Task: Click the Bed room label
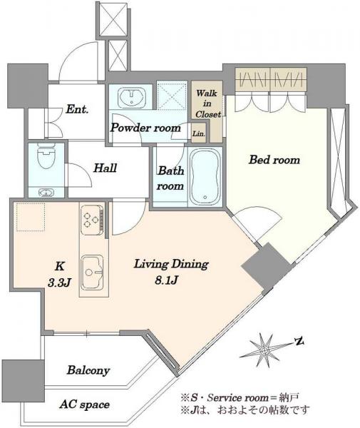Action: coord(274,160)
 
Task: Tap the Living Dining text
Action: coord(171,264)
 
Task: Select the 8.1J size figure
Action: coord(167,280)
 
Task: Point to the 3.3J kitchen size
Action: coord(59,282)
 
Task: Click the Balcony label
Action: coord(88,370)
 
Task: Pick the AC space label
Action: coord(85,404)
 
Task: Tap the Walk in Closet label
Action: coord(207,103)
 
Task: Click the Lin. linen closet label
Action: coord(199,134)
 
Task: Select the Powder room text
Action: coord(145,128)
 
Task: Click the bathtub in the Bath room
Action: coord(205,177)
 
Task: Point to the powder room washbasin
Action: coord(131,97)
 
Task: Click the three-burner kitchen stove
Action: coord(92,220)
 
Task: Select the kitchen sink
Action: coord(93,272)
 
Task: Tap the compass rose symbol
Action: coord(264,350)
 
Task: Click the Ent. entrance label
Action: coord(77,109)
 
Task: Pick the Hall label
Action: coord(106,168)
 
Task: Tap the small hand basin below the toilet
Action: coord(46,193)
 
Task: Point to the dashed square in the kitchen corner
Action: coord(31,217)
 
